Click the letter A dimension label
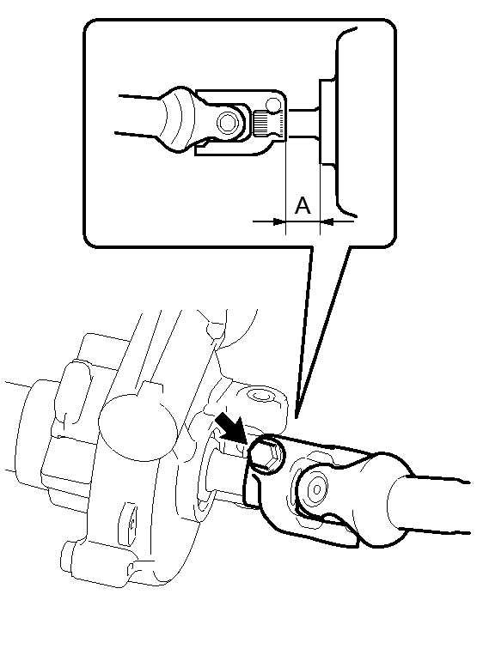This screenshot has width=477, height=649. tap(303, 206)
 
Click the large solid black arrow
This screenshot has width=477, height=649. tap(233, 428)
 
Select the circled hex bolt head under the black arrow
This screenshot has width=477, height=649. tap(267, 455)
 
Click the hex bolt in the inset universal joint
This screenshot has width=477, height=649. tap(227, 122)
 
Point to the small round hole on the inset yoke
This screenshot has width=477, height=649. tap(273, 104)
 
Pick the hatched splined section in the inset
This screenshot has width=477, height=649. tap(267, 124)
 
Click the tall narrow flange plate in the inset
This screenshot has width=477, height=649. tap(326, 121)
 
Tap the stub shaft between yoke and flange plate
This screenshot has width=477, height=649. tap(303, 123)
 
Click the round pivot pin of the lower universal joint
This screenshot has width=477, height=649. tap(316, 489)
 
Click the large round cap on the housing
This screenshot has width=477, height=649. tap(138, 423)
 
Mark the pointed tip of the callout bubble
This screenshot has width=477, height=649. tap(296, 417)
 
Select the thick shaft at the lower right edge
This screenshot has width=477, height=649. tap(430, 504)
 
